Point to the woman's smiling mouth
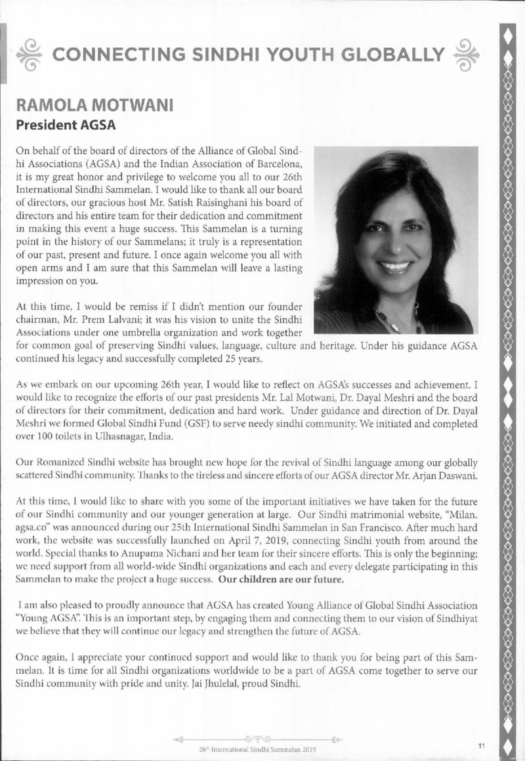tap(395, 267)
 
